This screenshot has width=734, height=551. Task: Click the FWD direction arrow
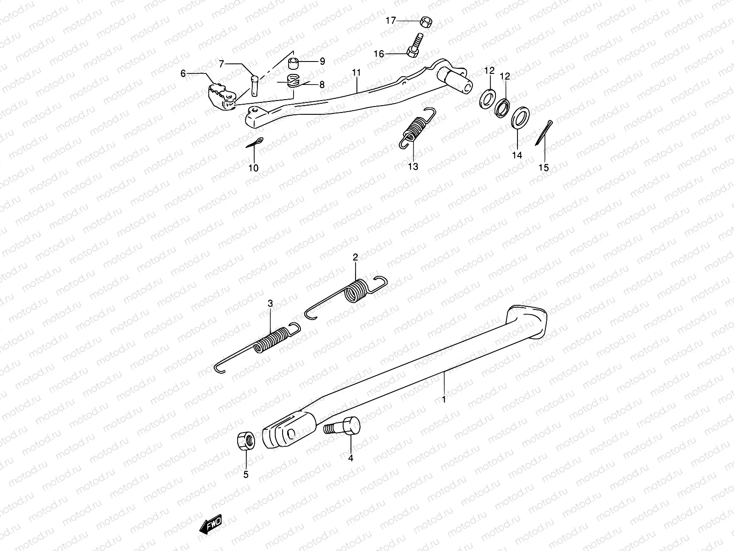coord(211,523)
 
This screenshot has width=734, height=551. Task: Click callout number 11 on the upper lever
coord(356,73)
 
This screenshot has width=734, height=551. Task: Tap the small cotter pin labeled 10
coord(255,143)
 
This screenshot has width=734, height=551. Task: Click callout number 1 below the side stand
coord(444,399)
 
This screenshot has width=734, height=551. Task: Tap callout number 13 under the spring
coord(413,166)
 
